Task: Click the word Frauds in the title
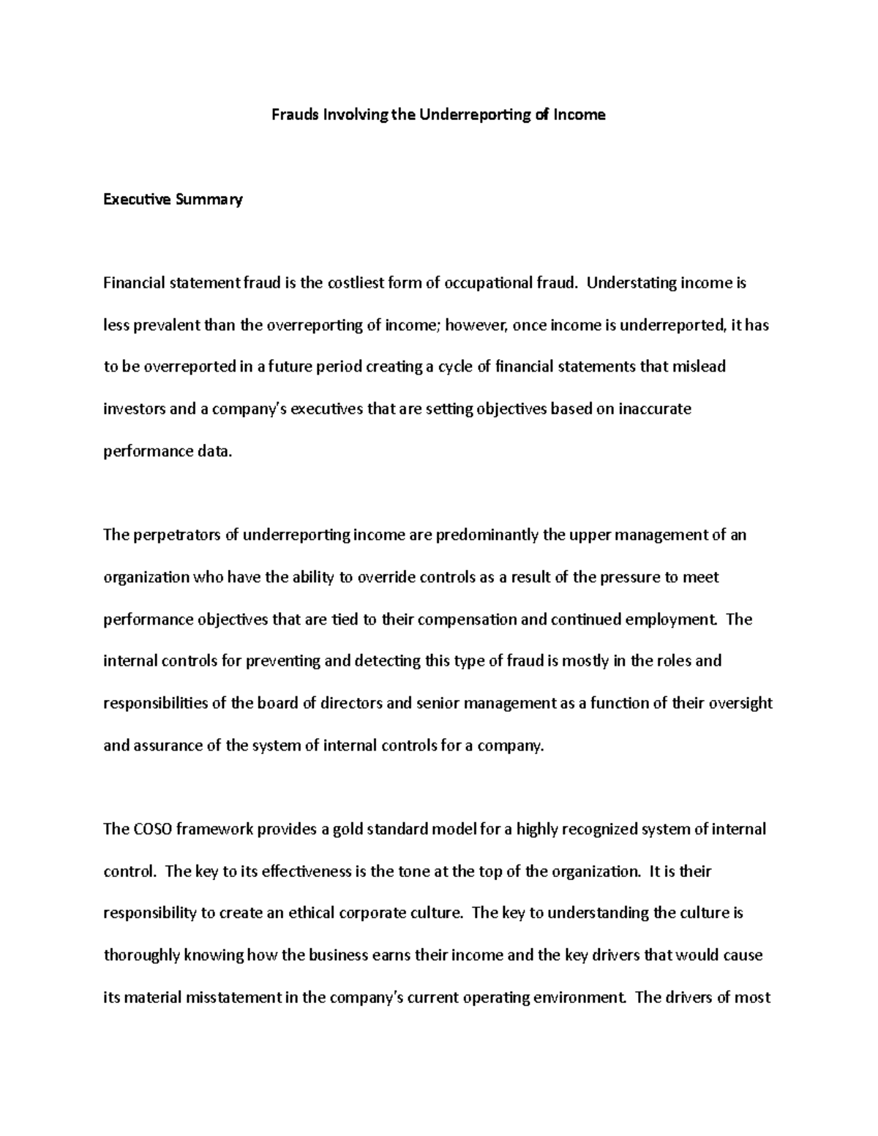[x=291, y=115]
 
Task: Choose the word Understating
[x=631, y=283]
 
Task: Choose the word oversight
[x=741, y=704]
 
